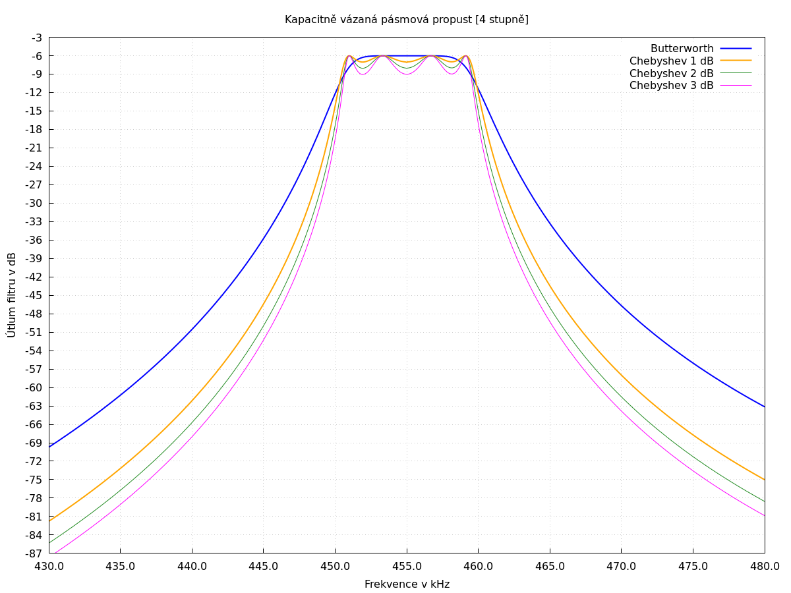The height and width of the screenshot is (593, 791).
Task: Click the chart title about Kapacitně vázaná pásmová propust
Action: pos(406,20)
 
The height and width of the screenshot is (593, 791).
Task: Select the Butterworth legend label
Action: pos(682,49)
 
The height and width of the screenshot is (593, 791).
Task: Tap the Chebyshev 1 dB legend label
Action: pos(671,61)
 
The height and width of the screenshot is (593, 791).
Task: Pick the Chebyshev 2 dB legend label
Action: pos(671,73)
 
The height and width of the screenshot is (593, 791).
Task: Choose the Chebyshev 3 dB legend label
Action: pos(671,86)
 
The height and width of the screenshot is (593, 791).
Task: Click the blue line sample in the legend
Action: pos(736,49)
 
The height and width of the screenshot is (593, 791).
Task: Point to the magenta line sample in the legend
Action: pos(736,86)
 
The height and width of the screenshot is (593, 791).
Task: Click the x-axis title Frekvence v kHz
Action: pos(407,584)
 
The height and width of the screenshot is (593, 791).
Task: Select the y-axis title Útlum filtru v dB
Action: pos(12,295)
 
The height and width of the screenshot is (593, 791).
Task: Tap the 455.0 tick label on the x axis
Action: pos(407,567)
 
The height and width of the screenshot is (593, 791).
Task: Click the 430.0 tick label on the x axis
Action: pos(49,567)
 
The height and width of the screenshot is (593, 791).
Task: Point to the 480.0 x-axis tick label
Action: pos(765,567)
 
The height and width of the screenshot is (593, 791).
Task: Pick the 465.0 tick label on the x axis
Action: pos(550,567)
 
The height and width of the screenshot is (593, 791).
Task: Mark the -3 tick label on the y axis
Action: pos(36,38)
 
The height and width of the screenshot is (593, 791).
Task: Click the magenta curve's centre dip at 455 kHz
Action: pos(407,74)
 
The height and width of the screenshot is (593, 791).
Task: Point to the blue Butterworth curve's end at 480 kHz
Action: pos(764,407)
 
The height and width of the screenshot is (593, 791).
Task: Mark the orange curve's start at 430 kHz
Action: pos(49,521)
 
